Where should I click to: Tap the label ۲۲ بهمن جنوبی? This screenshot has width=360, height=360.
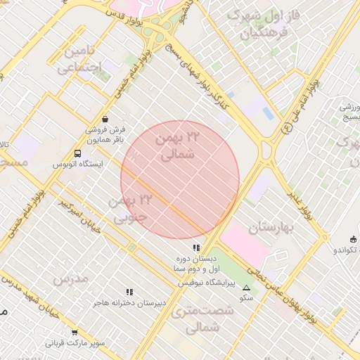pyautogui.click(x=131, y=209)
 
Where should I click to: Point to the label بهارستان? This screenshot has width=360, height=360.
pyautogui.click(x=269, y=227)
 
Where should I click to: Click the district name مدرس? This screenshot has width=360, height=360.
pyautogui.click(x=70, y=278)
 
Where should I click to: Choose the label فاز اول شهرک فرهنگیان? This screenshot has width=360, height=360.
pyautogui.click(x=264, y=24)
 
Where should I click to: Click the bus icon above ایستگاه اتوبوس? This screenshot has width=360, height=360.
pyautogui.click(x=78, y=154)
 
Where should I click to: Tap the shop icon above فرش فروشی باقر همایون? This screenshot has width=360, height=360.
pyautogui.click(x=105, y=120)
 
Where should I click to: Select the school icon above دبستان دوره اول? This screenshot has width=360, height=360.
pyautogui.click(x=196, y=247)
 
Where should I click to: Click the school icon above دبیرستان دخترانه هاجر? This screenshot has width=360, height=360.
pyautogui.click(x=129, y=292)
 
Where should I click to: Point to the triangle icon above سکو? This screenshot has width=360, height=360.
pyautogui.click(x=246, y=288)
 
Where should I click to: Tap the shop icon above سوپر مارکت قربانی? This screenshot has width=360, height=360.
pyautogui.click(x=75, y=333)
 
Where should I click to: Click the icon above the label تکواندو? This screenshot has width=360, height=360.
pyautogui.click(x=352, y=239)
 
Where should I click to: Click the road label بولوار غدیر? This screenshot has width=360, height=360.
pyautogui.click(x=306, y=204)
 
